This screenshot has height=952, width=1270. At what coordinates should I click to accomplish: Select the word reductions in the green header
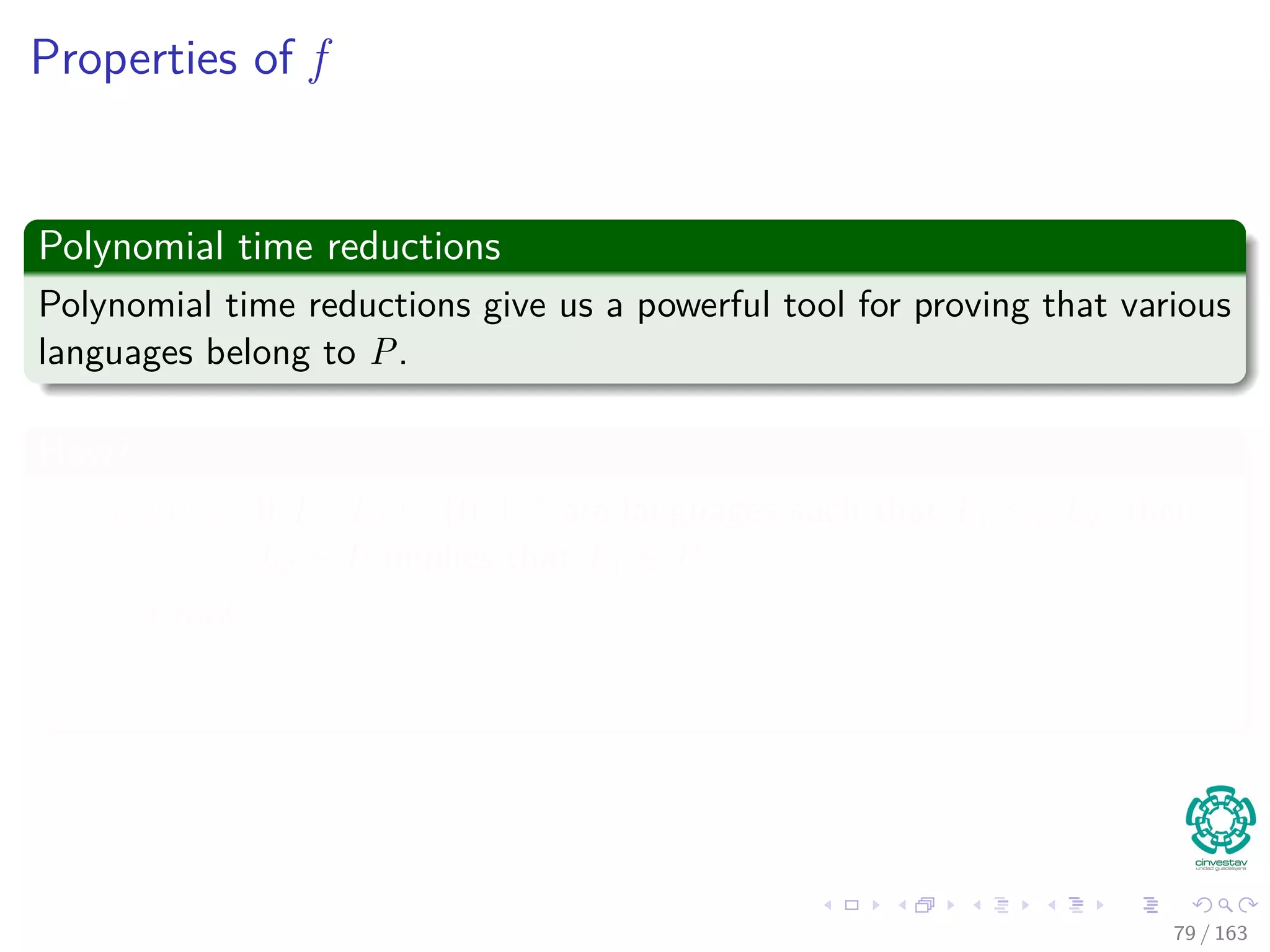[x=414, y=247]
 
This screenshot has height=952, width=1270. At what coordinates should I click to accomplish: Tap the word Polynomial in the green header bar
[x=131, y=247]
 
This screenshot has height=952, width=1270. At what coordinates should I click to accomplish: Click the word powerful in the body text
[x=703, y=306]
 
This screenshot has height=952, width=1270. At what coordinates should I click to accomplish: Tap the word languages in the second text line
[x=115, y=354]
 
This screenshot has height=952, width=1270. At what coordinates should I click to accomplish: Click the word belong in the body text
[x=257, y=354]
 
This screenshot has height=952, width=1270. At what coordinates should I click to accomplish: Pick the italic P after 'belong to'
[x=383, y=353]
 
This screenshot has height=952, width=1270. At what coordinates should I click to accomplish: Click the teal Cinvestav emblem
[x=1220, y=820]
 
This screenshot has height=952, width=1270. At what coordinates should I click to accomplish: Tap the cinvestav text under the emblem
[x=1220, y=863]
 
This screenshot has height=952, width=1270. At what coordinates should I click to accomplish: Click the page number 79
[x=1184, y=933]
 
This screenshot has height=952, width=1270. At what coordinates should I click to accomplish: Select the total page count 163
[x=1230, y=933]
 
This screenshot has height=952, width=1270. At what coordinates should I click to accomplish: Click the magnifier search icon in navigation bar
[x=1224, y=906]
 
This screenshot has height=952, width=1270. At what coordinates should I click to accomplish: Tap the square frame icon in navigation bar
[x=851, y=906]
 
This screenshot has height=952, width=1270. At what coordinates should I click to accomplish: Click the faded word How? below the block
[x=84, y=452]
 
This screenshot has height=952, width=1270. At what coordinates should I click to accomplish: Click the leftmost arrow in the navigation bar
[x=827, y=906]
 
